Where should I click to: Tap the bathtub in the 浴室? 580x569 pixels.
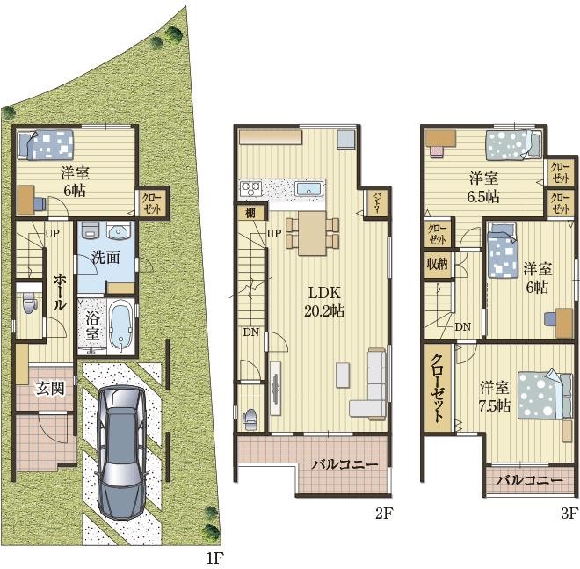(121, 326)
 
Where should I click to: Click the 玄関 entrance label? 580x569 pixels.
(50, 389)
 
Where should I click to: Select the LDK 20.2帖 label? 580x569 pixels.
(324, 302)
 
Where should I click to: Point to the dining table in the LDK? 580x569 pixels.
(313, 233)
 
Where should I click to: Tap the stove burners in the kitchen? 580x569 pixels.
(250, 189)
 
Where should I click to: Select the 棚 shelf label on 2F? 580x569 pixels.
(250, 213)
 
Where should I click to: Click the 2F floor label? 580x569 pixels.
(383, 514)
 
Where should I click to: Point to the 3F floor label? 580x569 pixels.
(569, 514)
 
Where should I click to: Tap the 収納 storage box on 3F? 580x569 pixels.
(438, 265)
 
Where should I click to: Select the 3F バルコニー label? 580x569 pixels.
(529, 480)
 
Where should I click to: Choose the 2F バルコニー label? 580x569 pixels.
(344, 463)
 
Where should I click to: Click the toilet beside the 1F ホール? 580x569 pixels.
(30, 303)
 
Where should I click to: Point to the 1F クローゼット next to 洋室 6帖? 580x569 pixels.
(152, 203)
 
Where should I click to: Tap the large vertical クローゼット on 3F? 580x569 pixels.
(439, 388)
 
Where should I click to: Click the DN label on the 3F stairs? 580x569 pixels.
(463, 327)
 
